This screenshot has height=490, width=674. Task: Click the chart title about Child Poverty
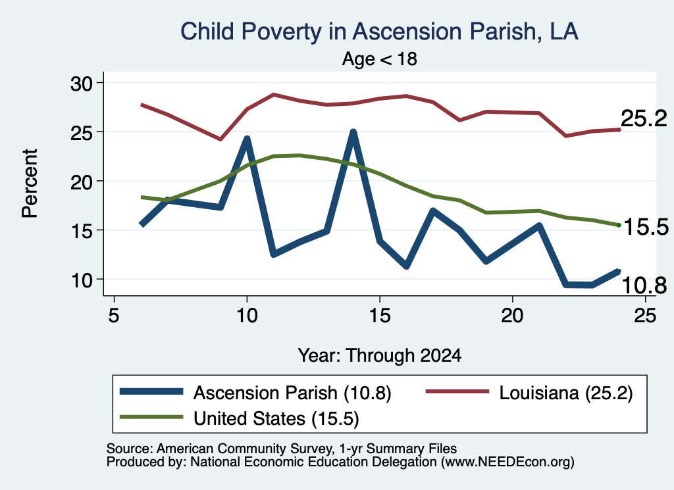[379, 32]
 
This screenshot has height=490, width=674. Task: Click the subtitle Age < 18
[380, 59]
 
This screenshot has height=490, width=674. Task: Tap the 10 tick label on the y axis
[82, 280]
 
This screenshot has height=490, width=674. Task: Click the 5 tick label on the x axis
[113, 316]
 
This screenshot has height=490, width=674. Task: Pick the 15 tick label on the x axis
[380, 316]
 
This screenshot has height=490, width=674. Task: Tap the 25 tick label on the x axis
[645, 316]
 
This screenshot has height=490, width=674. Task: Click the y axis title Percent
[30, 184]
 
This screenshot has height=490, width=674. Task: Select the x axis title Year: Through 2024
[380, 356]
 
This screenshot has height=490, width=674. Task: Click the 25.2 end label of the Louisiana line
[644, 118]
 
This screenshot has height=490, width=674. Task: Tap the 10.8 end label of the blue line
[644, 285]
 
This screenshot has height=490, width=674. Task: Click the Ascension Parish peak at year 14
[353, 132]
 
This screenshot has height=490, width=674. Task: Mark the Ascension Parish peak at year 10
[247, 139]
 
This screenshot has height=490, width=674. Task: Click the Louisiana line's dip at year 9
[220, 139]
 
